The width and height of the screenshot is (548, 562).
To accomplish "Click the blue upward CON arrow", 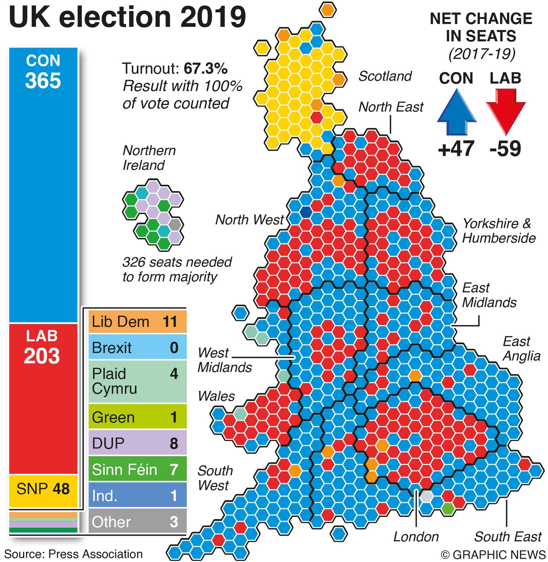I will click(457, 112).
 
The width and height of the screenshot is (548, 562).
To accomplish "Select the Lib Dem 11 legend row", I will click(138, 322).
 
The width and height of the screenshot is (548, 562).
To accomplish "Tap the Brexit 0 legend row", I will click(138, 348).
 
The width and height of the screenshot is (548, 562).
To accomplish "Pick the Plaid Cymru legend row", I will click(138, 381).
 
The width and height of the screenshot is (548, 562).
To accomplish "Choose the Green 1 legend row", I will click(138, 417).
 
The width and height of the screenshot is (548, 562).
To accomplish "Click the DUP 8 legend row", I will click(138, 443).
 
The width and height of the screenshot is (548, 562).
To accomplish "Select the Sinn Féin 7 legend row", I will click(138, 469).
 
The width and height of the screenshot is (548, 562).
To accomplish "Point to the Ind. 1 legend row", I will click(138, 496).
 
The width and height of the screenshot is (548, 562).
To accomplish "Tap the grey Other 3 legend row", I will click(138, 522).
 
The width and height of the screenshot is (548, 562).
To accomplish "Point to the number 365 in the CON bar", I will click(43, 81).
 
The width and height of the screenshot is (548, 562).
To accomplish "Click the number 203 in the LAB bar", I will click(42, 356).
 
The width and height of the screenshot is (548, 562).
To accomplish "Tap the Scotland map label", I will click(385, 76).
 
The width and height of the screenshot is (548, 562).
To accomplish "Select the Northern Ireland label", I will click(149, 158).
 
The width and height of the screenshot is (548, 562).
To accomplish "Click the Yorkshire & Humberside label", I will click(499, 231).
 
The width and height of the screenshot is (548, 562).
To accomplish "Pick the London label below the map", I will click(416, 537).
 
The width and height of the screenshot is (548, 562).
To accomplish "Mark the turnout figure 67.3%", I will click(205, 69).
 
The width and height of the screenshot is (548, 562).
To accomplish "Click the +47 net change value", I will click(456, 149).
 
